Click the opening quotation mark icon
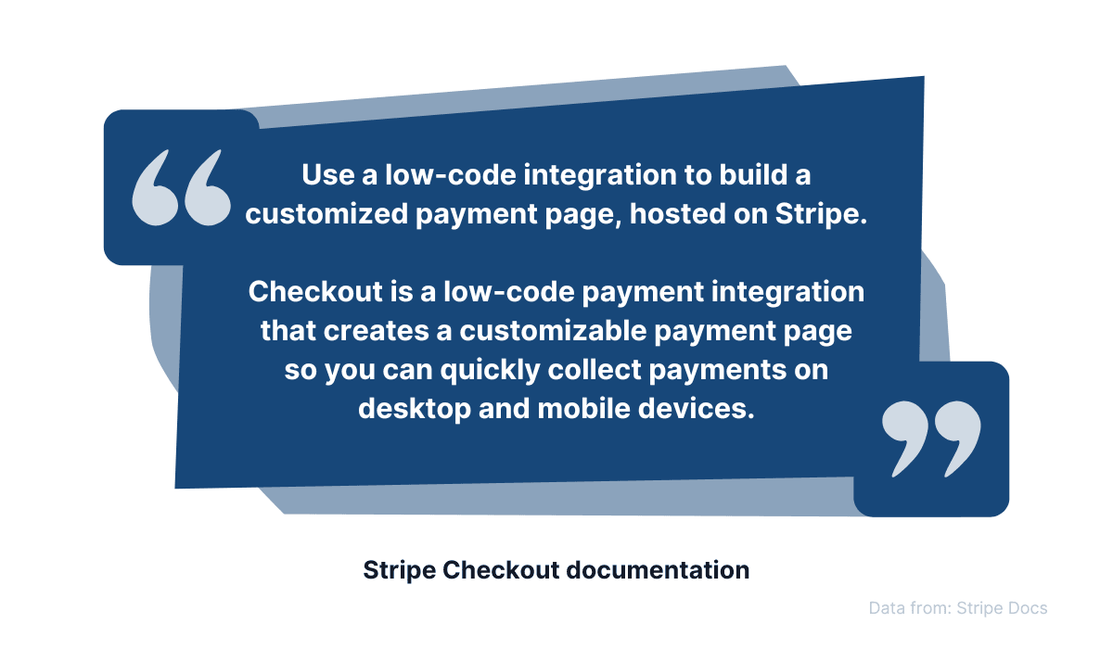(x=182, y=188)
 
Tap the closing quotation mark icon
(x=930, y=439)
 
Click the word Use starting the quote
(x=322, y=174)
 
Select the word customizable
(x=570, y=331)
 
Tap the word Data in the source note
(x=888, y=608)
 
